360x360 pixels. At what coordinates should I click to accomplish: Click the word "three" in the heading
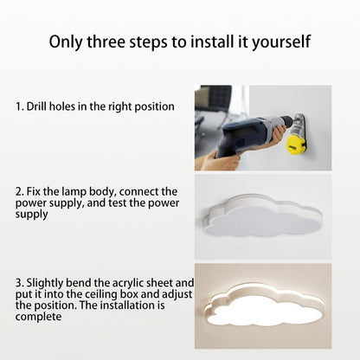coord(106,42)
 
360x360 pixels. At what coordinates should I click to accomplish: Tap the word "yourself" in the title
coord(281,42)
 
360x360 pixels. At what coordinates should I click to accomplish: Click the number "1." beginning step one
coord(20,106)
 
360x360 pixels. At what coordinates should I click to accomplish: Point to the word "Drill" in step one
coord(36,106)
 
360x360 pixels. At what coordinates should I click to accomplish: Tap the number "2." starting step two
coord(20,192)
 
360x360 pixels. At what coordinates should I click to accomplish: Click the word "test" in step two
coord(118,203)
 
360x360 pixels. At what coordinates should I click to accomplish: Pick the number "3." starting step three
coord(20,283)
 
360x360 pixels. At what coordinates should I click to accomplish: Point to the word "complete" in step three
coord(39,317)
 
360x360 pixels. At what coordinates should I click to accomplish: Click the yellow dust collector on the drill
coord(295,145)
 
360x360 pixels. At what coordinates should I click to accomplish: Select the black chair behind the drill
coord(215,98)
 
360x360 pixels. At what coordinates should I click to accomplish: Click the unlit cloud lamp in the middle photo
coord(262,215)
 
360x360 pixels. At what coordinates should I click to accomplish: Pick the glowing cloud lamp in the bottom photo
coord(262,305)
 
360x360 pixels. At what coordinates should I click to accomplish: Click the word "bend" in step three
coord(79,283)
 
